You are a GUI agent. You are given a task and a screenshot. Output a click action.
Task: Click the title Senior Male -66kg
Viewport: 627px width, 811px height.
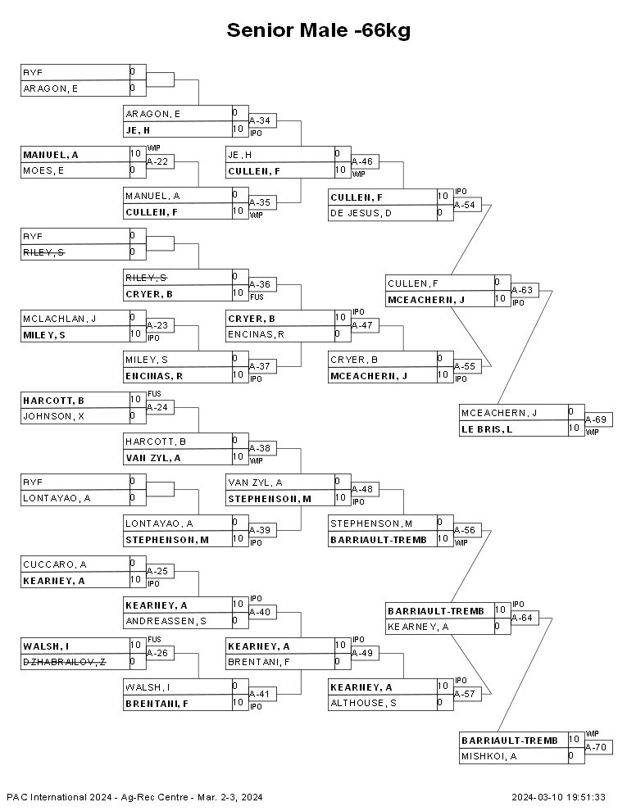(x=319, y=30)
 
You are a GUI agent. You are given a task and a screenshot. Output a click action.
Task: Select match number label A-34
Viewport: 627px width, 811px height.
(x=260, y=120)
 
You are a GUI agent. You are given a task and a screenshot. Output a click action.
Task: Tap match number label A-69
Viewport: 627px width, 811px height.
(x=595, y=419)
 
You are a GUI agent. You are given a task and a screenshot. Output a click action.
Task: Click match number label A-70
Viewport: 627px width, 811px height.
(x=595, y=747)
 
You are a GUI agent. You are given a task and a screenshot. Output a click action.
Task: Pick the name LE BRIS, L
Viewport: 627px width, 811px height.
(x=487, y=429)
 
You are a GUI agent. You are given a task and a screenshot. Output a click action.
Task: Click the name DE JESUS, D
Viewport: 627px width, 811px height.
(x=361, y=213)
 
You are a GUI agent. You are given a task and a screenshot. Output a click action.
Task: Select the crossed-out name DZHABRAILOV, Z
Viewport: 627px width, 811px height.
(x=64, y=662)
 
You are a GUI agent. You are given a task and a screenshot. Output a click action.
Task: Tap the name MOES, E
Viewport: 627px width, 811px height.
(x=43, y=170)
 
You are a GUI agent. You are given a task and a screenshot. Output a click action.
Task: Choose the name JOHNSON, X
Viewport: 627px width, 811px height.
(x=53, y=416)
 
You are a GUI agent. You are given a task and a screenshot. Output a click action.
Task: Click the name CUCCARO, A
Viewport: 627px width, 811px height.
(x=54, y=564)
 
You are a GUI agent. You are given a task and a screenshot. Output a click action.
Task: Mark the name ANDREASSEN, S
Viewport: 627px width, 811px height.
(x=166, y=621)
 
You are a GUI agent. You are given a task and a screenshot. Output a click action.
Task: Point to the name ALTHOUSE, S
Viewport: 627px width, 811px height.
(x=363, y=703)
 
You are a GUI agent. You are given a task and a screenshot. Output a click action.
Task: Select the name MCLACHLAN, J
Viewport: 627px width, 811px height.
(x=60, y=319)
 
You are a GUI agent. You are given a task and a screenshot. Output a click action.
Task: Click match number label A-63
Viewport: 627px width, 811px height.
(x=522, y=290)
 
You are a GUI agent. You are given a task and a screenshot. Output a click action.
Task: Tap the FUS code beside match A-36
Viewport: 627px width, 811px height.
(x=257, y=297)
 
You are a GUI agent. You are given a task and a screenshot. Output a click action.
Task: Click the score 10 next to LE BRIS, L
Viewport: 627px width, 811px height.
(x=574, y=428)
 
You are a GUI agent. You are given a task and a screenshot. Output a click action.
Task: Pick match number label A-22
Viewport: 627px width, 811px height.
(x=157, y=161)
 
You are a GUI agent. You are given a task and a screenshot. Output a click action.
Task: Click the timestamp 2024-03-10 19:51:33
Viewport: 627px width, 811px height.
(x=559, y=797)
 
